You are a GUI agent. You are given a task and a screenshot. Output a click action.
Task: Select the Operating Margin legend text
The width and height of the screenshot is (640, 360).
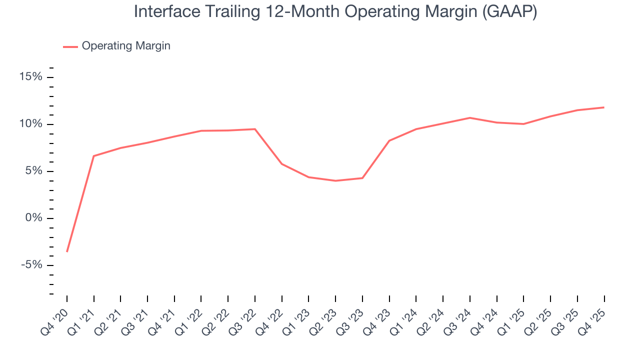pos(126,46)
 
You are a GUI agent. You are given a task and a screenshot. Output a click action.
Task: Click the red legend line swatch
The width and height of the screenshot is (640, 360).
pos(70,46)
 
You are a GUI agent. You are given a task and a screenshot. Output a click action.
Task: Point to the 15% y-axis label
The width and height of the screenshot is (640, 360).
pos(30,77)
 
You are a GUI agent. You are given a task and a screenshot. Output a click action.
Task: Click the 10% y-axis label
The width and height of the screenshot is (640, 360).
pos(30,124)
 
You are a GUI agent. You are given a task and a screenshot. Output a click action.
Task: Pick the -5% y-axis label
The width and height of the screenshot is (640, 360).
pos(31,265)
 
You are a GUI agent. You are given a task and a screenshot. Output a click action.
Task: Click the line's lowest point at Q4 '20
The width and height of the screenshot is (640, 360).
pos(67,251)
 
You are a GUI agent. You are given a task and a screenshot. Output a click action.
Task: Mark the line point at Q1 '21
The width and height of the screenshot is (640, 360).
pos(94,156)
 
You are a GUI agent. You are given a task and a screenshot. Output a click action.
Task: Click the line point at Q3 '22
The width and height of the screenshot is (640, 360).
pos(255,129)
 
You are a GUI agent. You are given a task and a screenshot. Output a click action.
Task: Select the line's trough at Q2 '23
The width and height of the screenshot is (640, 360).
pos(335,180)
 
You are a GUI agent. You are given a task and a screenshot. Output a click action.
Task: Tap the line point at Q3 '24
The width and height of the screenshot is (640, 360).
pos(470,117)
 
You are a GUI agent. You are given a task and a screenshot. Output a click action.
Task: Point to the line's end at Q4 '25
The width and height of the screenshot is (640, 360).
pos(604,107)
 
